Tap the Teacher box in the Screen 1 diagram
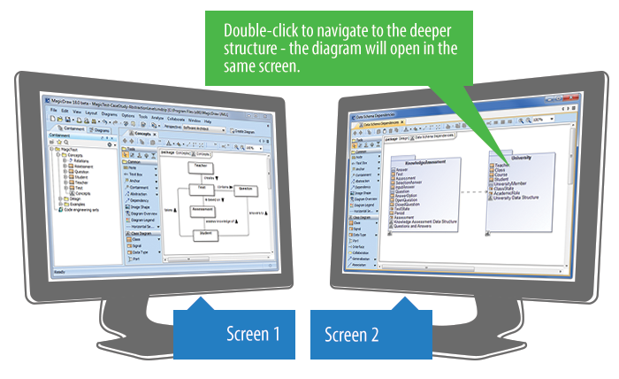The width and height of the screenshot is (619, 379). pyautogui.click(x=202, y=166)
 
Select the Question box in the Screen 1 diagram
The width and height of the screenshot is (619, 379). pyautogui.click(x=244, y=190)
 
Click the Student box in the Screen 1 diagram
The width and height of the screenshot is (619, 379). pyautogui.click(x=204, y=233)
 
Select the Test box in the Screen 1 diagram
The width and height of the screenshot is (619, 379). pyautogui.click(x=201, y=188)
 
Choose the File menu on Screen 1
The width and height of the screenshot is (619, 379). pyautogui.click(x=53, y=112)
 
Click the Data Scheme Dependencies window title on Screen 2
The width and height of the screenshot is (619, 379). pyautogui.click(x=381, y=117)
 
